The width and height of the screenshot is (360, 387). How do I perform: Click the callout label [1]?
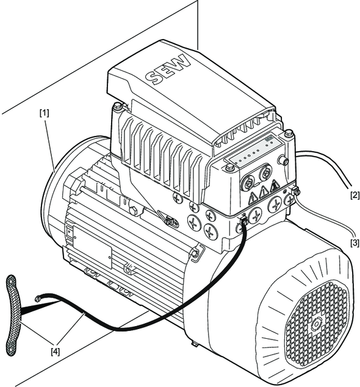(45, 113)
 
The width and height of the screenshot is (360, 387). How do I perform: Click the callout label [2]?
(355, 195)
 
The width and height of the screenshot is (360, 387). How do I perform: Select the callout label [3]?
(355, 243)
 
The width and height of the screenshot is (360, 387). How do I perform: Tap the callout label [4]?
(56, 352)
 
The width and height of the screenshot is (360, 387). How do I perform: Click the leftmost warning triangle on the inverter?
(253, 197)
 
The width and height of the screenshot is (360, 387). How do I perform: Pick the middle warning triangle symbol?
(264, 191)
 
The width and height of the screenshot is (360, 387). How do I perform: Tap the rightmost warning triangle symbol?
(274, 185)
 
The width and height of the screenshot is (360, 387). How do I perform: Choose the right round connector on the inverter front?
(265, 172)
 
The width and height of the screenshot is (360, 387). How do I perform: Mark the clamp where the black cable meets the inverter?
(243, 220)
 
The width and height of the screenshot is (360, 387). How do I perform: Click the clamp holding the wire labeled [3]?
(295, 191)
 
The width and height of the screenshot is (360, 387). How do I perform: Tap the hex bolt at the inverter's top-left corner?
(118, 107)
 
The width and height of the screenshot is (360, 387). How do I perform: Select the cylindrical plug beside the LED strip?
(283, 160)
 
